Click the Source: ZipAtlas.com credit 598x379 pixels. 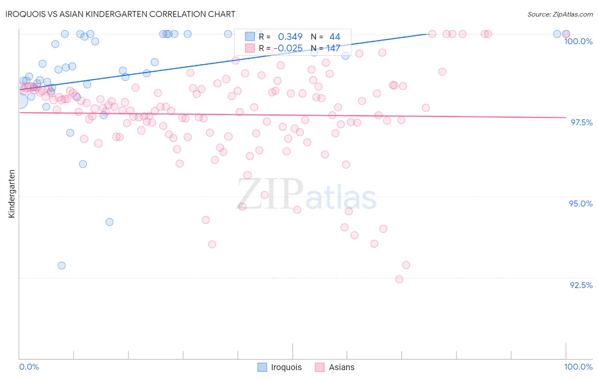tap(560, 14)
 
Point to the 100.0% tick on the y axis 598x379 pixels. tap(578, 41)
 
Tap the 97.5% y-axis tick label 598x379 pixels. tap(581, 122)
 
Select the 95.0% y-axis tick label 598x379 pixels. tap(581, 204)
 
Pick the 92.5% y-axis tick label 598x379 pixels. tap(581, 285)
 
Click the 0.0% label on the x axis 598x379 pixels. tap(29, 367)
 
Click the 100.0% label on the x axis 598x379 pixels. tap(578, 367)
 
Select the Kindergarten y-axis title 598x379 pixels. tap(12, 194)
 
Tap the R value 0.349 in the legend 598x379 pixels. tap(290, 37)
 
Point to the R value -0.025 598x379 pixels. tap(288, 48)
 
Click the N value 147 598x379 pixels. tap(333, 48)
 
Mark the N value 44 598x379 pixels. tap(335, 37)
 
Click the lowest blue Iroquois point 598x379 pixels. tap(62, 266)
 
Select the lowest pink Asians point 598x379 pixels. tap(399, 279)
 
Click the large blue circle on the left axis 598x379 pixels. tap(20, 101)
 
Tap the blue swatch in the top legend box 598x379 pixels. tap(250, 37)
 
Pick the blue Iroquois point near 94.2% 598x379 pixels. tap(109, 222)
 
